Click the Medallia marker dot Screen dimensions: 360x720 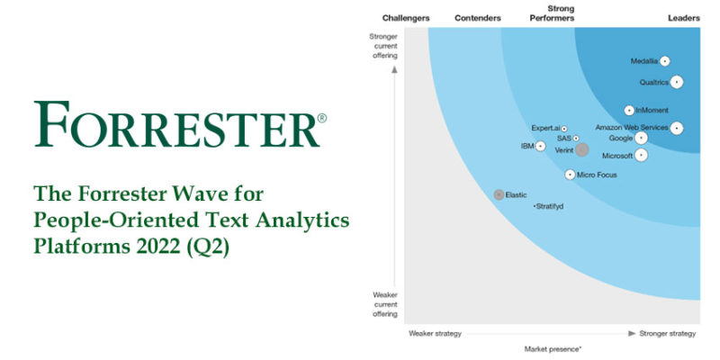point(664,61)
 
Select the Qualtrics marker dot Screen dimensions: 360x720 point(677,82)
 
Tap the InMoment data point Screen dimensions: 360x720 point(629,111)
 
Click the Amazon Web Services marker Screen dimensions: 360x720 point(677,128)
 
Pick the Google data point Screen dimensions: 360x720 point(641,139)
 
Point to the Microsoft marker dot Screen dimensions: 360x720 point(641,155)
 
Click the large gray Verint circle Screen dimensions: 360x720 point(582,150)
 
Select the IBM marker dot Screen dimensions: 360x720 point(540,146)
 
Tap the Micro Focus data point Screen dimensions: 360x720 point(570,175)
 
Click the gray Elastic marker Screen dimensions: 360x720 point(499,194)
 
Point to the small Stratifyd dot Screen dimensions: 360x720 point(532,206)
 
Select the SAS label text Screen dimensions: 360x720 point(563,139)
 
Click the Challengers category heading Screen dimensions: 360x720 point(406,18)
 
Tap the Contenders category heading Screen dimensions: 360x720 point(478,18)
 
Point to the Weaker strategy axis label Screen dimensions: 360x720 point(435,333)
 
